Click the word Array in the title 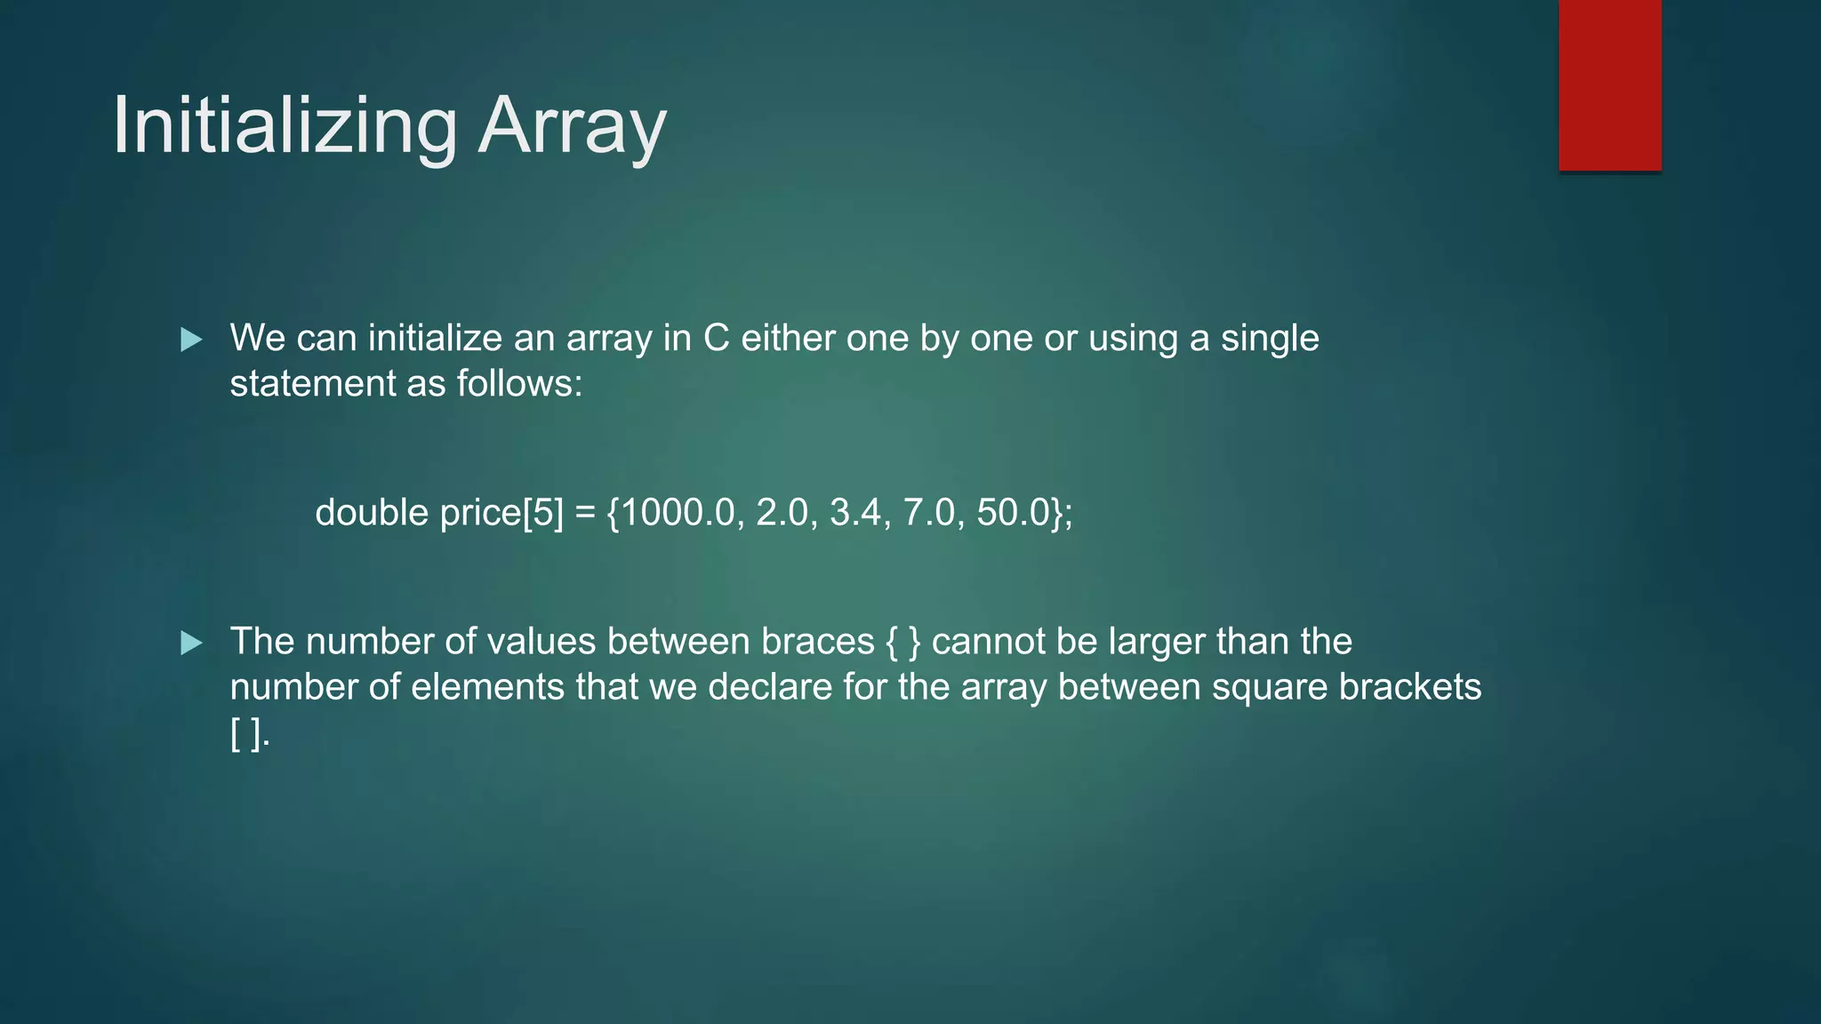(572, 126)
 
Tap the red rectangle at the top (1609, 84)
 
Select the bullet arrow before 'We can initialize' (191, 339)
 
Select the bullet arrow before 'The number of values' (191, 643)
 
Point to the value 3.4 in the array (854, 513)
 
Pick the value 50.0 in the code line (1013, 513)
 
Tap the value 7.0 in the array (928, 513)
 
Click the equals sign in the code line (584, 513)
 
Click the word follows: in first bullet (519, 384)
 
